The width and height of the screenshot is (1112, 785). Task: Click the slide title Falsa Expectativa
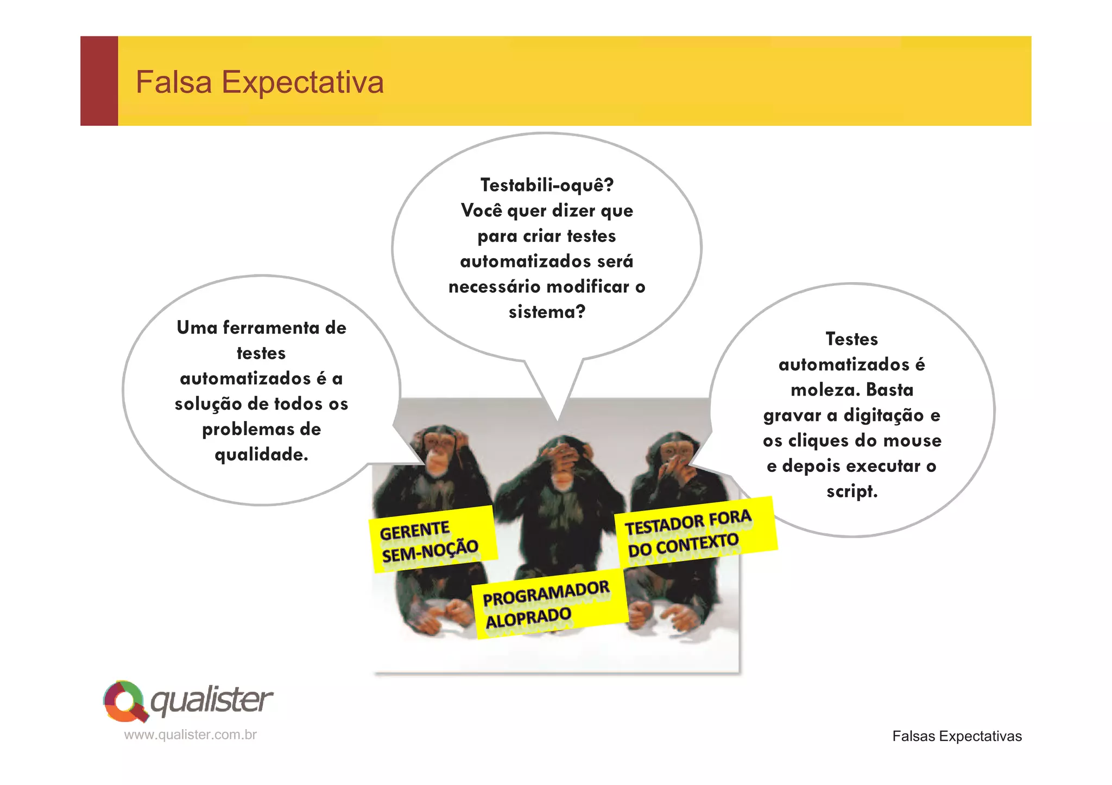(x=260, y=82)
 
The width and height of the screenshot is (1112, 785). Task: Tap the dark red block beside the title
(x=99, y=81)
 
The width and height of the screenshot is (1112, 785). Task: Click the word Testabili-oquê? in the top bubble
(x=547, y=185)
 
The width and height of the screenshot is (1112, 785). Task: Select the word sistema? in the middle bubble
(x=547, y=312)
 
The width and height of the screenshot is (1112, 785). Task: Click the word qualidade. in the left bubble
(x=261, y=455)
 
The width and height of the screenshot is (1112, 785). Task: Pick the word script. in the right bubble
(x=851, y=492)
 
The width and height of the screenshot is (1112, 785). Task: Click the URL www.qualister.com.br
(x=190, y=735)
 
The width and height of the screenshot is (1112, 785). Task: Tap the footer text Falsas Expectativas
(x=957, y=736)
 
